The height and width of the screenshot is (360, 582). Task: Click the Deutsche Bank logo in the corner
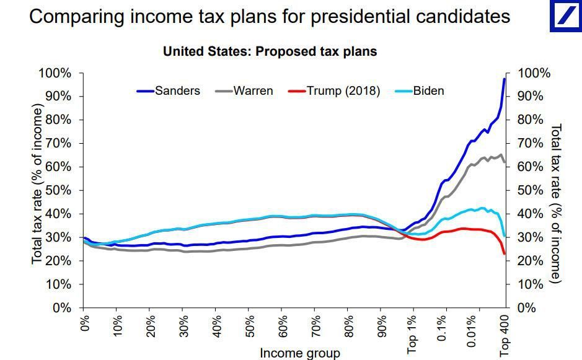pyautogui.click(x=565, y=16)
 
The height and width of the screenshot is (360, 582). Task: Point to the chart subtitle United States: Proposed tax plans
pyautogui.click(x=270, y=51)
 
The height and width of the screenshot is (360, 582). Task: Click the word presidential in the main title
pyautogui.click(x=363, y=17)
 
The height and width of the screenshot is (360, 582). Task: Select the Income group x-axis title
pyautogui.click(x=299, y=353)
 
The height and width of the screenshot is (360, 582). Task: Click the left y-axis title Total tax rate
pyautogui.click(x=38, y=185)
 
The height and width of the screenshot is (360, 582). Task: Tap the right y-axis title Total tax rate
pyautogui.click(x=556, y=203)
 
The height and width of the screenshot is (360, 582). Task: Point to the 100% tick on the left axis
pyautogui.click(x=55, y=74)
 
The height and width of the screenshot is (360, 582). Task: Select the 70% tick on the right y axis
pyautogui.click(x=530, y=144)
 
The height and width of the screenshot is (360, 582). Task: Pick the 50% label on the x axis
pyautogui.click(x=248, y=325)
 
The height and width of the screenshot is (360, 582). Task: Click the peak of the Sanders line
pyautogui.click(x=505, y=79)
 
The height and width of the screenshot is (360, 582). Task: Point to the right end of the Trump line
pyautogui.click(x=505, y=253)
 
